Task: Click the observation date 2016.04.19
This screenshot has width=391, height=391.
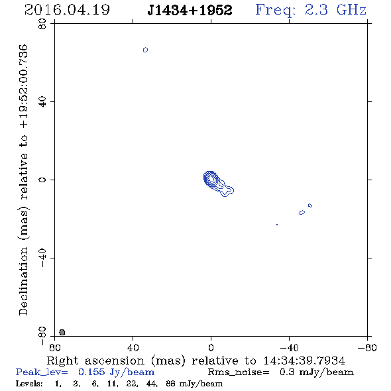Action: point(67,10)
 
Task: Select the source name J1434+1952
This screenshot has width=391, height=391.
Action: point(190,10)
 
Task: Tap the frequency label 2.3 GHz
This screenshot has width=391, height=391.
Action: point(335,10)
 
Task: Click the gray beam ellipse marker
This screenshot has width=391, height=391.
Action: point(62,332)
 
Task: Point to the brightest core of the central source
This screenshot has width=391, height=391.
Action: point(211,178)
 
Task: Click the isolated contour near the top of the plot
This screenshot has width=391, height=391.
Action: point(145,50)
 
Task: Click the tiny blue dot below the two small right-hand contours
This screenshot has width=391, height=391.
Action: point(277,225)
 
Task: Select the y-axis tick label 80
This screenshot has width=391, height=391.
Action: point(42,24)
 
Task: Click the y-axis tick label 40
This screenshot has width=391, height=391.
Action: point(42,102)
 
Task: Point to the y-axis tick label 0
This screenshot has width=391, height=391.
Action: point(42,180)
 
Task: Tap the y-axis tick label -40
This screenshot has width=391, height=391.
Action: point(42,258)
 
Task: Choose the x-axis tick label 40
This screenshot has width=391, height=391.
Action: point(133,348)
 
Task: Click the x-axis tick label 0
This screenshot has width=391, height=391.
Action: point(211,348)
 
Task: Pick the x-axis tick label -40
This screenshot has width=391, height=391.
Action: point(289,348)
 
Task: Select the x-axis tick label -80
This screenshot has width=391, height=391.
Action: point(367,348)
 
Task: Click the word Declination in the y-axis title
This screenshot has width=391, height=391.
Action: point(23,281)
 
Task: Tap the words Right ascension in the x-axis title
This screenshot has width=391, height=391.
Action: point(95,361)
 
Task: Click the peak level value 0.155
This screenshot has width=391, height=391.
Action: point(91,372)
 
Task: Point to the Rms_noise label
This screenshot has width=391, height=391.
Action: point(239,372)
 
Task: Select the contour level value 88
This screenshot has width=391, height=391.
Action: point(170,384)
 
